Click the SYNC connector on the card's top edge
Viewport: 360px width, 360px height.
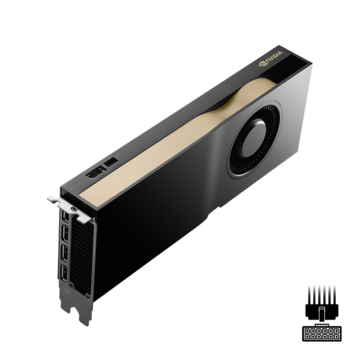click(x=95, y=172)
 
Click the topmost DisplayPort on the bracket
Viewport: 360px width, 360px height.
click(x=66, y=217)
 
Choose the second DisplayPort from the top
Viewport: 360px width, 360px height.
click(x=65, y=234)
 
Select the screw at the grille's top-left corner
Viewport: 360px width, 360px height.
click(x=73, y=210)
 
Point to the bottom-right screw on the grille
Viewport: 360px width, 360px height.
click(x=87, y=297)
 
